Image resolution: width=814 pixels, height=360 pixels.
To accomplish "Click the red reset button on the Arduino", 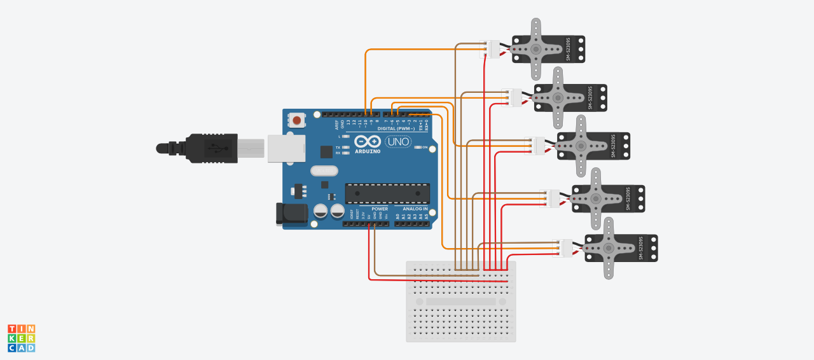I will [296, 120].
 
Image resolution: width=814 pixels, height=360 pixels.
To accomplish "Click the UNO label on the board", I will [399, 142].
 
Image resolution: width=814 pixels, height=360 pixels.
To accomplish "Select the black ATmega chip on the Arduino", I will [387, 194].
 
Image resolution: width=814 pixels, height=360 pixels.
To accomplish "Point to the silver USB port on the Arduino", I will [286, 148].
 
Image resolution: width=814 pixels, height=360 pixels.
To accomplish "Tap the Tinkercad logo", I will [21, 338].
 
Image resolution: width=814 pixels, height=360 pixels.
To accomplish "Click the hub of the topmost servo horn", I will [536, 49].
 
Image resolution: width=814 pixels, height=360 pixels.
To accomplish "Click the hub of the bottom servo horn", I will [609, 248].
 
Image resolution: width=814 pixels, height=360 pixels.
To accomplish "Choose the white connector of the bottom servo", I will [565, 248].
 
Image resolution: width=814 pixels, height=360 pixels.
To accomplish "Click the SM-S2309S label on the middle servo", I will [614, 146].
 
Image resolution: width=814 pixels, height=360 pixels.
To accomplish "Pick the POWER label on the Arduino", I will [380, 209].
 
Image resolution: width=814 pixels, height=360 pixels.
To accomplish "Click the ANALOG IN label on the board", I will [415, 209].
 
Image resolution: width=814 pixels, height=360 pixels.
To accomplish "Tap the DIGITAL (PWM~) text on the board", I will [396, 128].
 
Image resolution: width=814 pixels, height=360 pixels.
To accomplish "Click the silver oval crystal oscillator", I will [324, 171].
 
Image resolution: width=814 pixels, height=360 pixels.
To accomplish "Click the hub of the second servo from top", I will [558, 97].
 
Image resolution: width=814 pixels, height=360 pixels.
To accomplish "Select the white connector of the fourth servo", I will [552, 198].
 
